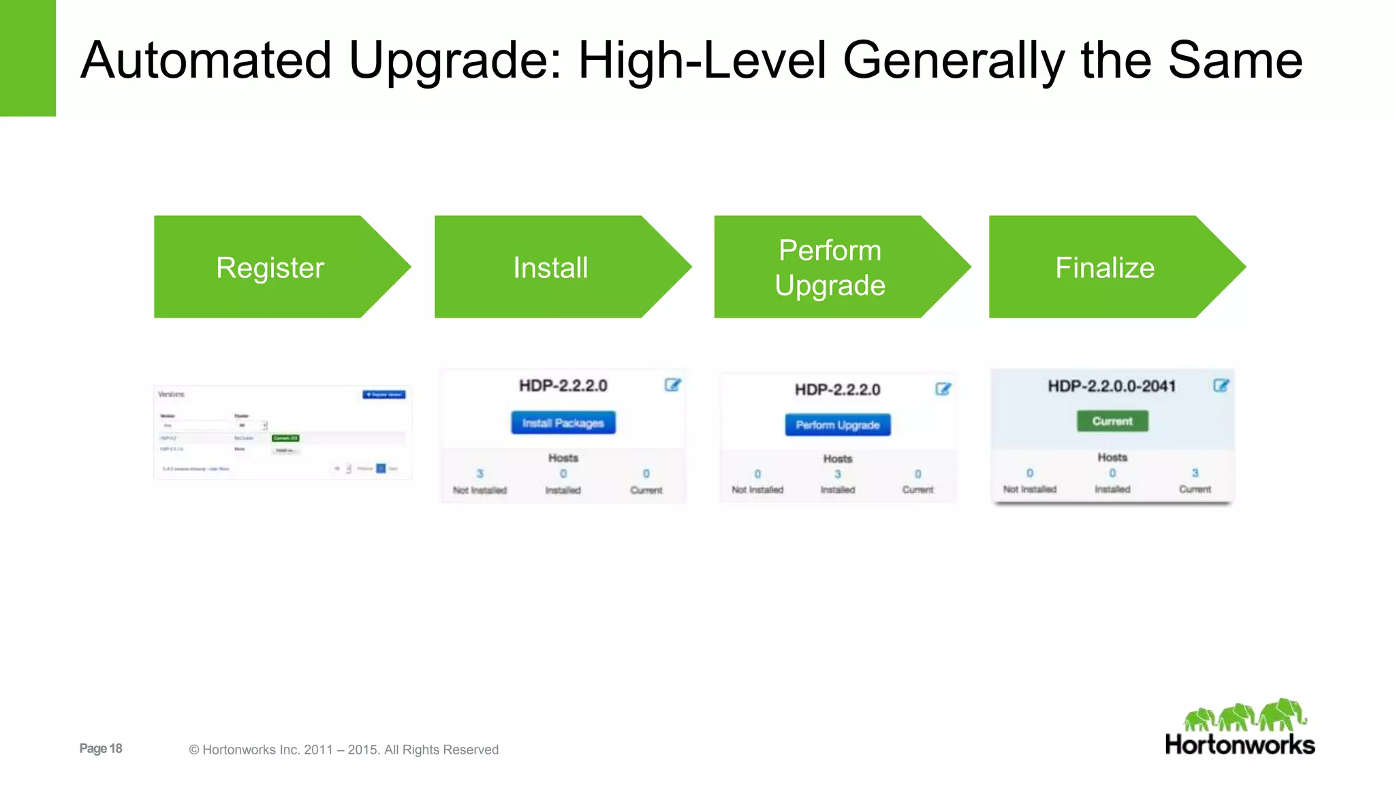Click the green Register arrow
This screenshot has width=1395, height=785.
(270, 267)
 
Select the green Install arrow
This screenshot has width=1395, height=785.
(550, 267)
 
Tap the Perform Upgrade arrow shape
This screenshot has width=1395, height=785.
(830, 267)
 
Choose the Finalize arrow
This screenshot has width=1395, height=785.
(1105, 267)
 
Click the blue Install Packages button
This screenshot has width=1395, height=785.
(563, 422)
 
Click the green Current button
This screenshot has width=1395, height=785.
(1112, 421)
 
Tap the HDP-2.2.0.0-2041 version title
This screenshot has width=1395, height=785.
(1112, 386)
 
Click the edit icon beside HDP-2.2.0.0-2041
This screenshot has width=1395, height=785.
(1221, 386)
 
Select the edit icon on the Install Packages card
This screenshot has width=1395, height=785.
(672, 385)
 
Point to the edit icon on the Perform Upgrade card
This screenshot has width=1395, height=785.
(943, 389)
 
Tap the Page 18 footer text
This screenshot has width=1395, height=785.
(101, 748)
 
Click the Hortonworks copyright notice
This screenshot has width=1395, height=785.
(344, 750)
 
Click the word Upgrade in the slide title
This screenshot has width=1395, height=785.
(455, 61)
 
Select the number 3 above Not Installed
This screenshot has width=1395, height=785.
(480, 474)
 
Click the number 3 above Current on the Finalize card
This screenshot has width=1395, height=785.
(1195, 473)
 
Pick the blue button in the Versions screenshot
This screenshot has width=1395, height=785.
(384, 395)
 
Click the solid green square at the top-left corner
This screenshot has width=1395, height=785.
(27, 58)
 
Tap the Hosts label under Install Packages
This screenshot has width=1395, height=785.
(563, 458)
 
